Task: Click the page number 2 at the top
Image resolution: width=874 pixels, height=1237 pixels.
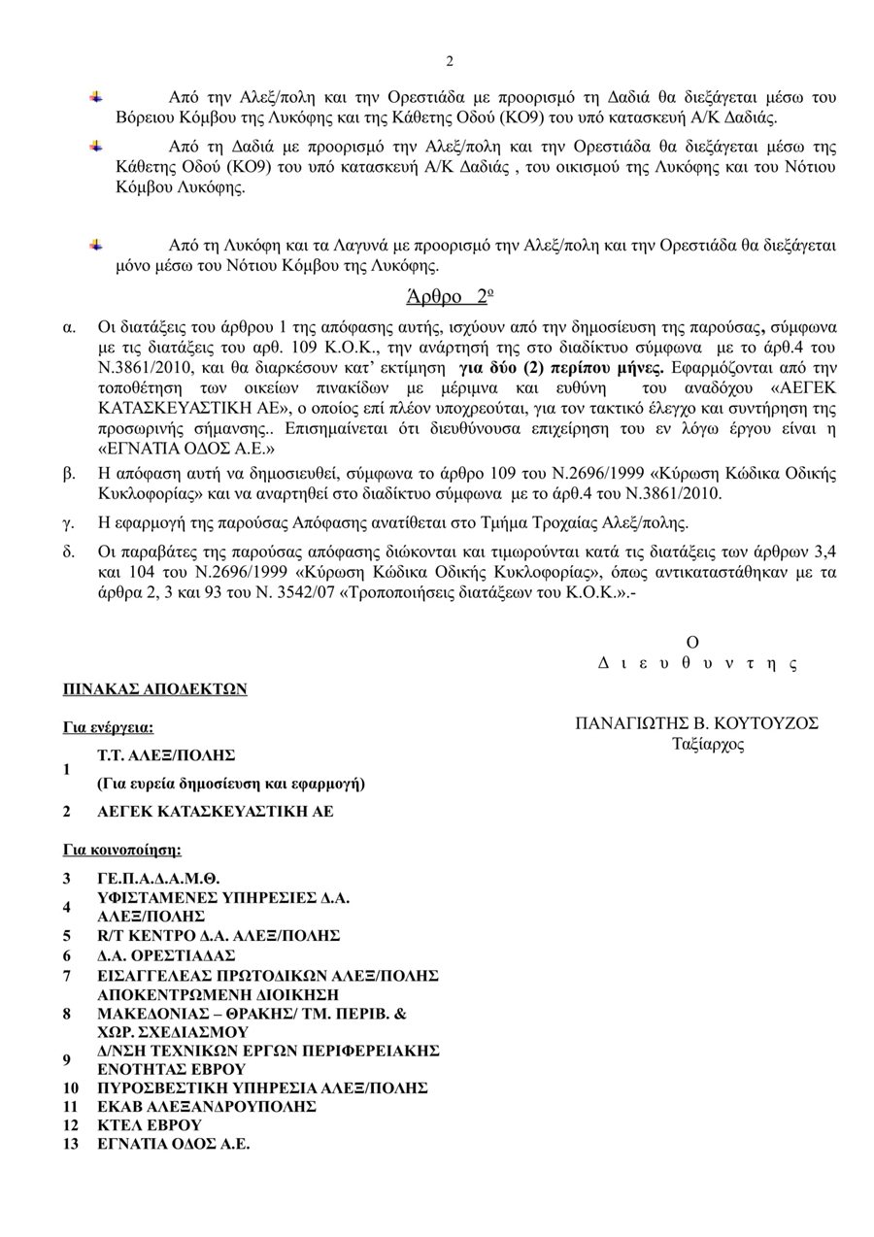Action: (x=450, y=62)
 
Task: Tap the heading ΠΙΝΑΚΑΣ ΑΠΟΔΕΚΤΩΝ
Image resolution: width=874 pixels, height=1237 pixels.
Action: (x=155, y=689)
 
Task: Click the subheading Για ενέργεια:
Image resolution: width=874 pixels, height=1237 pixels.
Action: (x=109, y=727)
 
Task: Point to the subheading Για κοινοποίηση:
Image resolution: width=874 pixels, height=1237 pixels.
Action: (x=122, y=850)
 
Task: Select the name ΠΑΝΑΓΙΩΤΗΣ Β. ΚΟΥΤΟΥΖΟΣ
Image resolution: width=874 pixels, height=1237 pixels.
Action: (x=696, y=723)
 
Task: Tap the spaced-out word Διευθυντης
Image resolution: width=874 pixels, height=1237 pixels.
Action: (x=696, y=664)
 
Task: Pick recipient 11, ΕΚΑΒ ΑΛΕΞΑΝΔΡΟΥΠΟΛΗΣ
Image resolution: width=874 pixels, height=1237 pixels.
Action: (x=207, y=1107)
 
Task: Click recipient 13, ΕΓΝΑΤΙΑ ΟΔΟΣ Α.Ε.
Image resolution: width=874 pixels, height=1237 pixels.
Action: (x=174, y=1144)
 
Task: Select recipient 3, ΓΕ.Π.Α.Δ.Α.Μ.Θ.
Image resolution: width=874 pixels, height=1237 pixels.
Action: (x=158, y=879)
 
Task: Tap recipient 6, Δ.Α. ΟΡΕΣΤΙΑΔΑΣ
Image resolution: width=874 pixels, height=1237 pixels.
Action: (x=166, y=955)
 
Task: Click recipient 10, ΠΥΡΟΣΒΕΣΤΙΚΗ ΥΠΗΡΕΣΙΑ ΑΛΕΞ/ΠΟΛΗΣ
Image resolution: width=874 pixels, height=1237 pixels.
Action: (x=262, y=1088)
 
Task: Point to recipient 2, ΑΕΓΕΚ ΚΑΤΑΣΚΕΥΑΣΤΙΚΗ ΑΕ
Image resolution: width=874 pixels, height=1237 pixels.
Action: (x=216, y=811)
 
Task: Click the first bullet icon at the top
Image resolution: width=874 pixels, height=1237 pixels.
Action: (x=95, y=97)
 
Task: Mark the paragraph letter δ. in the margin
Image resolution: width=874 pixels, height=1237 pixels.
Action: (x=69, y=552)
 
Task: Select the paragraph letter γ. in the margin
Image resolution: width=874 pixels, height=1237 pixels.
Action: (x=68, y=523)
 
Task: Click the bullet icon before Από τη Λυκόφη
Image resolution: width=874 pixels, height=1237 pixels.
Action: (x=95, y=245)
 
